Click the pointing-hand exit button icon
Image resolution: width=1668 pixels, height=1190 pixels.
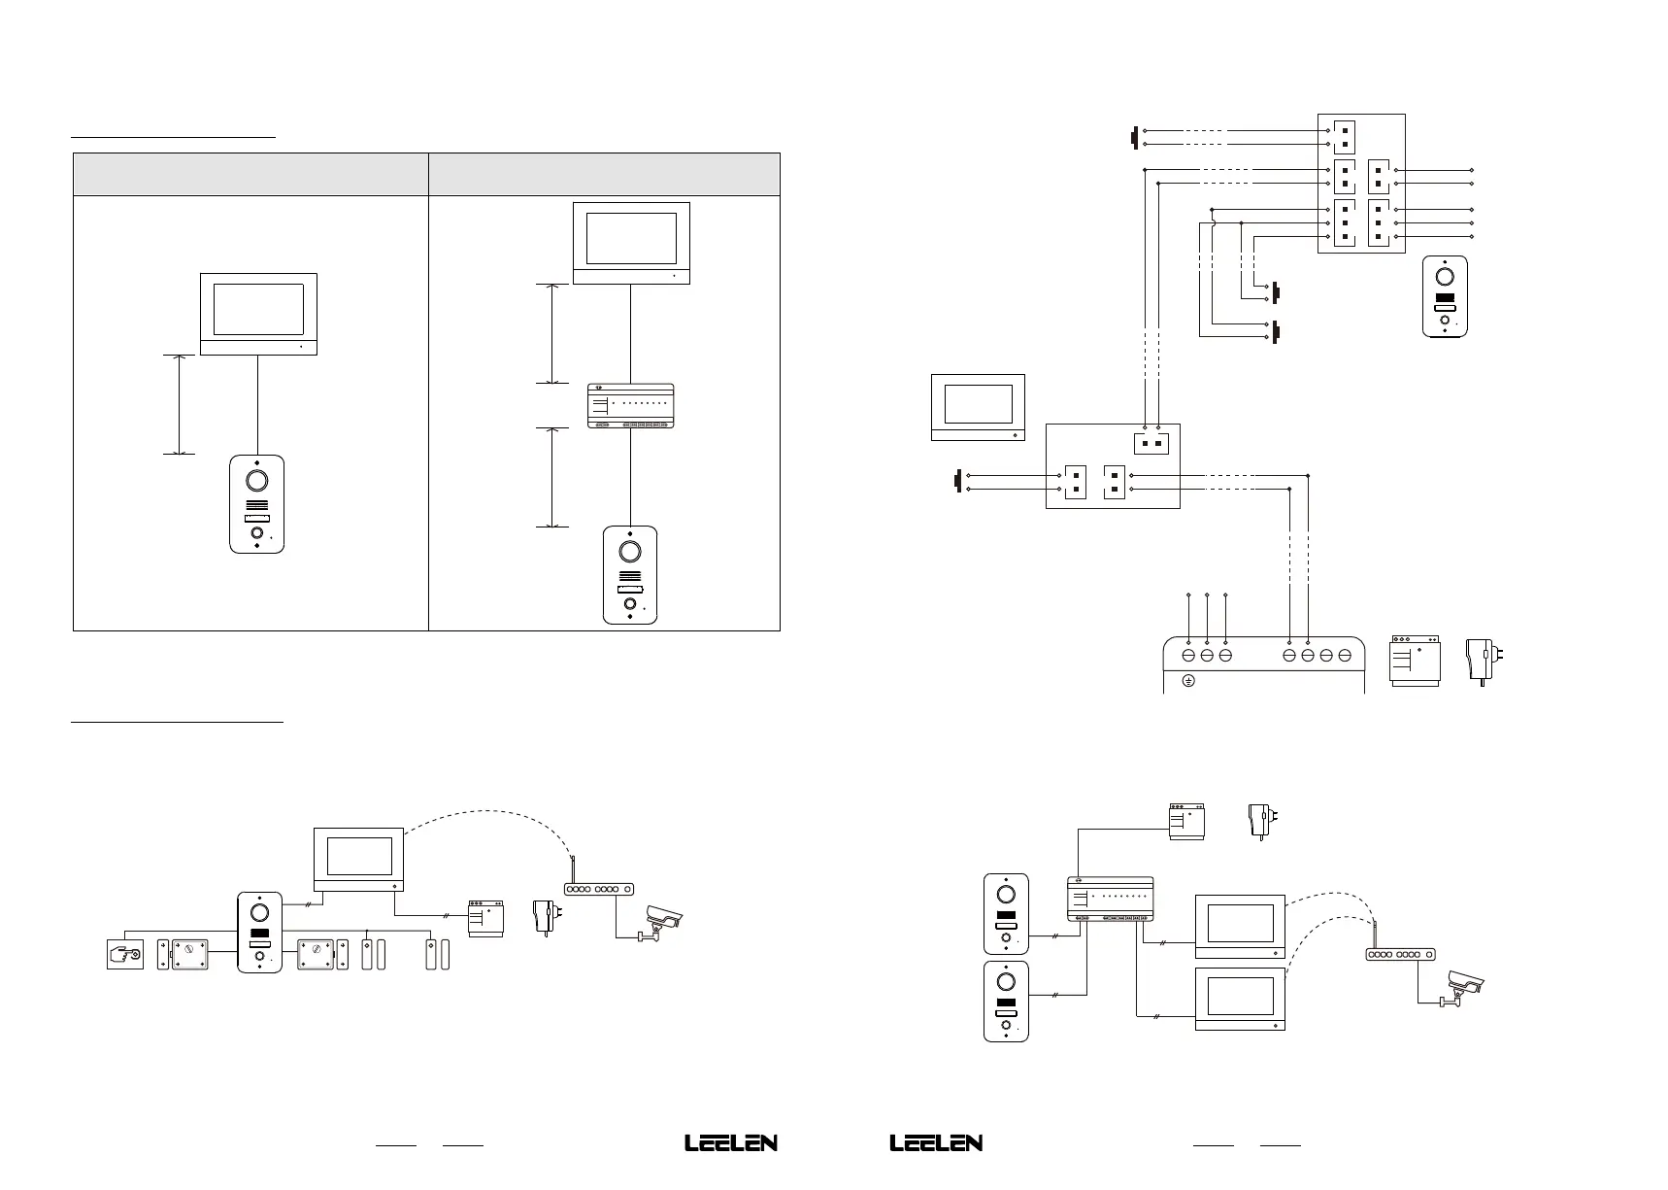124,954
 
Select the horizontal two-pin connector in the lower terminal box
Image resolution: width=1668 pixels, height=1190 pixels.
1151,443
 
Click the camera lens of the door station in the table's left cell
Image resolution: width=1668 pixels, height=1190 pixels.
257,481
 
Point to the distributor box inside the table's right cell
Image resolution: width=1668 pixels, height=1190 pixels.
631,406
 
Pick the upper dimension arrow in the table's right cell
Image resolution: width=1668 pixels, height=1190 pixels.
552,333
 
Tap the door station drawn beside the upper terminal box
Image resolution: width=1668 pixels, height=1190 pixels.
1445,296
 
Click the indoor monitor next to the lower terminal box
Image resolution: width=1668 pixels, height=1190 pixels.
978,406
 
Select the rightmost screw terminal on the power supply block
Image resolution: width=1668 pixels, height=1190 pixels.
1345,657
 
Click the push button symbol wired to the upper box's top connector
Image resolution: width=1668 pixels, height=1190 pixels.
1134,137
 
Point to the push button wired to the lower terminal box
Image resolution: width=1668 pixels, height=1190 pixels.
958,482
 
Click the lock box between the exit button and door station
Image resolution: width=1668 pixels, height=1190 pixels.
191,953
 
